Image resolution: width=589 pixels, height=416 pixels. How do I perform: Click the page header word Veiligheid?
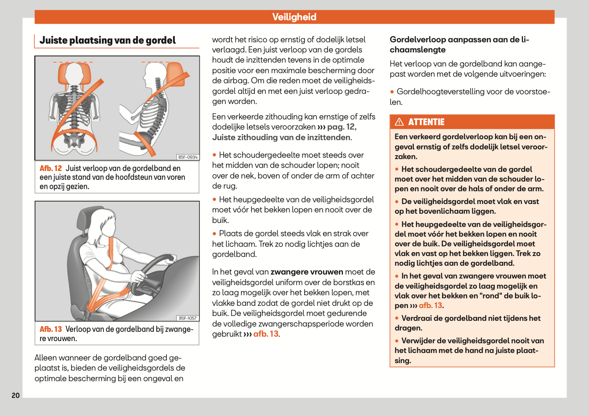click(x=294, y=17)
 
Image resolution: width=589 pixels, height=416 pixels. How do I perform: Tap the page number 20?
click(x=16, y=395)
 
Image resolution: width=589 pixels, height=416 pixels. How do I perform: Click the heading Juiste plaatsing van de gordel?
click(x=107, y=41)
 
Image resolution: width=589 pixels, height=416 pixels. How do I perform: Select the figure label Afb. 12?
click(x=51, y=168)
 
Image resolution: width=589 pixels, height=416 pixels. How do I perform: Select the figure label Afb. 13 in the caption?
click(x=51, y=329)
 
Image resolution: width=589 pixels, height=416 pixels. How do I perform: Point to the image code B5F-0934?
click(x=188, y=157)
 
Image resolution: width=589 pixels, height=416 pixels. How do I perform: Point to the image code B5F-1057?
click(x=188, y=318)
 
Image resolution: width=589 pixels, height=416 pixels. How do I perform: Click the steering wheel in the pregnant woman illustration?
click(x=152, y=273)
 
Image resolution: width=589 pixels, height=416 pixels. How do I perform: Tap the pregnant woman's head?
click(x=106, y=223)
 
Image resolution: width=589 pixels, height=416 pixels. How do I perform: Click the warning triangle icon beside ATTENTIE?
click(x=399, y=122)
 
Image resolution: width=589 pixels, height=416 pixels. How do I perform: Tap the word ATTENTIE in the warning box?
click(x=426, y=122)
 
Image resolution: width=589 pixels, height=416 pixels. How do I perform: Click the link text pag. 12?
click(x=341, y=127)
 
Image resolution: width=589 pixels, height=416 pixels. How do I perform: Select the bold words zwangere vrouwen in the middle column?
click(x=307, y=272)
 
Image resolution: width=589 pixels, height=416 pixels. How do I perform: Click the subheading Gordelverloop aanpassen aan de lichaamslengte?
click(x=459, y=45)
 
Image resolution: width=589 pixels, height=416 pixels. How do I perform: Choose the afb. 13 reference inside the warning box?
click(x=430, y=305)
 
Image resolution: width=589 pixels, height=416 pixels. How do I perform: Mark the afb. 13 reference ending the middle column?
click(x=265, y=334)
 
